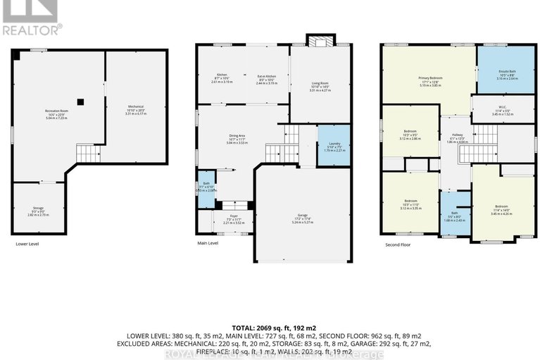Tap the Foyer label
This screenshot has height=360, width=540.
coord(233,218)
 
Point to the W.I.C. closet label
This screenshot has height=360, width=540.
coord(503,111)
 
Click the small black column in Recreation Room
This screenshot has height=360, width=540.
coord(82,101)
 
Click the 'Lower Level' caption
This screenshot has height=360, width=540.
coord(27,245)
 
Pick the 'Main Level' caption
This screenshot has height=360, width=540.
coord(208,243)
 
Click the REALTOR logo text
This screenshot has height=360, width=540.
coord(32,30)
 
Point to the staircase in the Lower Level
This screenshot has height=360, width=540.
coord(84,151)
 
